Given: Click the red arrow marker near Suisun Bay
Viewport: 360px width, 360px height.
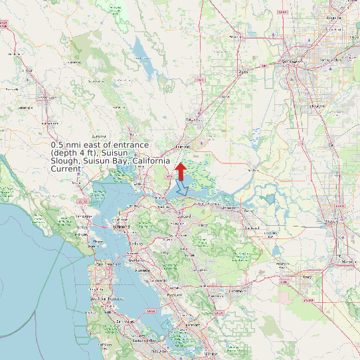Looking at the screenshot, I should [x=179, y=171].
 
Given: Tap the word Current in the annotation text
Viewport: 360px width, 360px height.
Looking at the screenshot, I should [x=66, y=169].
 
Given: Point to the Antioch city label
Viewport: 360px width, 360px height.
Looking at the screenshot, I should [x=228, y=208].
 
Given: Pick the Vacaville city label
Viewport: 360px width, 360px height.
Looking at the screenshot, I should [x=193, y=120].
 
